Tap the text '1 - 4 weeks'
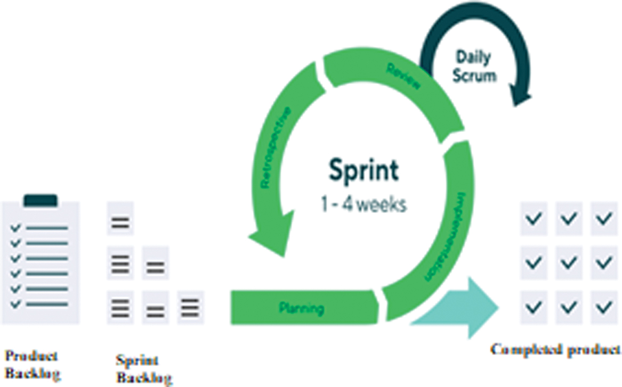pos(363,205)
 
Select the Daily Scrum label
pos(473,66)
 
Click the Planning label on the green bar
pos(302,307)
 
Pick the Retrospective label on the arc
pos(276,147)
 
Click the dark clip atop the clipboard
pos(41,201)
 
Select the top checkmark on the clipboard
pos(15,227)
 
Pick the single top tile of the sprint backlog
pos(120,218)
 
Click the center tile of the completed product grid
pos(569,262)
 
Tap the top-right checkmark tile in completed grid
pos(604,218)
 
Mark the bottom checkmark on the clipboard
pos(15,304)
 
